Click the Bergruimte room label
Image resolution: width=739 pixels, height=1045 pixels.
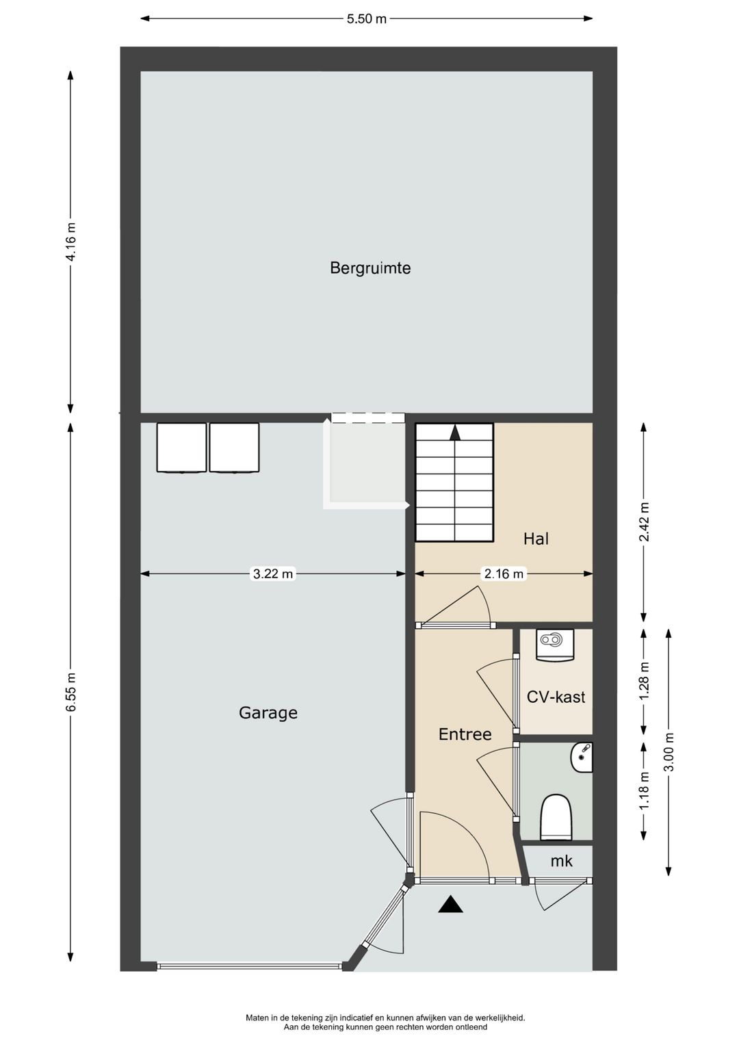pyautogui.click(x=370, y=268)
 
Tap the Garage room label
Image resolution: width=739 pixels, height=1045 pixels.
pyautogui.click(x=268, y=713)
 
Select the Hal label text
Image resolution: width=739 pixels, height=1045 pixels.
pyautogui.click(x=536, y=539)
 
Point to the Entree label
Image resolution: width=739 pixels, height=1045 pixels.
pyautogui.click(x=465, y=735)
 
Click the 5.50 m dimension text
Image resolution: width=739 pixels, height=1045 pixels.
pyautogui.click(x=367, y=19)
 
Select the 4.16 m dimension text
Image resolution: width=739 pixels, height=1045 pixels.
pyautogui.click(x=71, y=242)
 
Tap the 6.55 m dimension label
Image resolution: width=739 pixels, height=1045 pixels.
pyautogui.click(x=71, y=692)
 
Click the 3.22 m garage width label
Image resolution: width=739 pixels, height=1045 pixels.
pyautogui.click(x=272, y=573)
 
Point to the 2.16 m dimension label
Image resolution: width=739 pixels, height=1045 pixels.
pyautogui.click(x=504, y=573)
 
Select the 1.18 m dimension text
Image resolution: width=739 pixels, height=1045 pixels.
pyautogui.click(x=644, y=791)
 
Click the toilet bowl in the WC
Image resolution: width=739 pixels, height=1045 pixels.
pyautogui.click(x=556, y=817)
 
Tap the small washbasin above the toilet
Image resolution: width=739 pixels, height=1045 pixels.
pyautogui.click(x=582, y=758)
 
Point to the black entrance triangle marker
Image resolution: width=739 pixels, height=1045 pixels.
pyautogui.click(x=450, y=904)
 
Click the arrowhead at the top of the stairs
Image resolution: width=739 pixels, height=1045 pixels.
pyautogui.click(x=455, y=433)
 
